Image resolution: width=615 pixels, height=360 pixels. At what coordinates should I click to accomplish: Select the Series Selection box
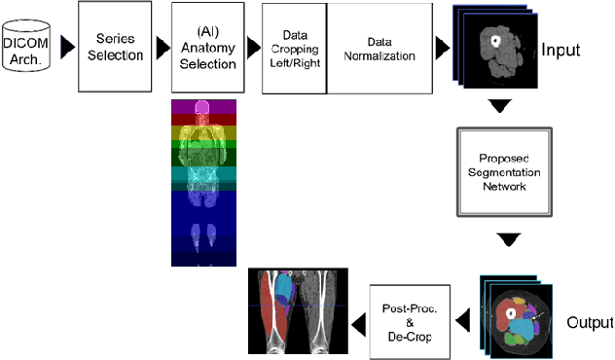click(114, 47)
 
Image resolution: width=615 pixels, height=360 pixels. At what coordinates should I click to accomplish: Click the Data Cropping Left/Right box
click(294, 48)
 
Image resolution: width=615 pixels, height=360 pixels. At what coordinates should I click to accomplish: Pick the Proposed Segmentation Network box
click(503, 171)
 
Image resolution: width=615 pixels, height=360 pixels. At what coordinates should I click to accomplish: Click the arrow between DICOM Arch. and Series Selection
click(66, 47)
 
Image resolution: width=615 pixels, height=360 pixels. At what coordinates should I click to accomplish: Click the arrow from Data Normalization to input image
click(443, 47)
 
